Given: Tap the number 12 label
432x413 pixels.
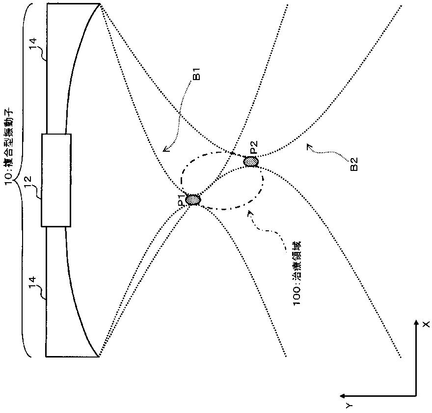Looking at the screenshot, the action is coord(28,182).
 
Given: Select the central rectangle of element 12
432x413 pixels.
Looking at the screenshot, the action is coord(56,180).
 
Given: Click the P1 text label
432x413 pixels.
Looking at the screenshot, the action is coord(181,200).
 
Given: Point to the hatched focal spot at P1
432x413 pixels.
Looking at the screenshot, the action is coord(193,199).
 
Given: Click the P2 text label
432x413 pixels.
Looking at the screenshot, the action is coord(253,147).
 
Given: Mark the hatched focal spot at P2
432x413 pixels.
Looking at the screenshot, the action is coord(251,162).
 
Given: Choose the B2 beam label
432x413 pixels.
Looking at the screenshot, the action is coord(354,164).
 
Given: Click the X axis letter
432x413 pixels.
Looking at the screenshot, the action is coord(426,324).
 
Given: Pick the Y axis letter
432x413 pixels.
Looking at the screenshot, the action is coord(349,405).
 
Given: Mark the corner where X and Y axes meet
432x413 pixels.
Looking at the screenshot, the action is coord(416,396).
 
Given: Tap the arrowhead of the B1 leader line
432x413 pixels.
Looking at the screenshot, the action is coord(164,150).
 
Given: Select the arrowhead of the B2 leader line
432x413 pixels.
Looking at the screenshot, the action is coord(309,145).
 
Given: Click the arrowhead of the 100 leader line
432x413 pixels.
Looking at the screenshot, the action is coord(249,212).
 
